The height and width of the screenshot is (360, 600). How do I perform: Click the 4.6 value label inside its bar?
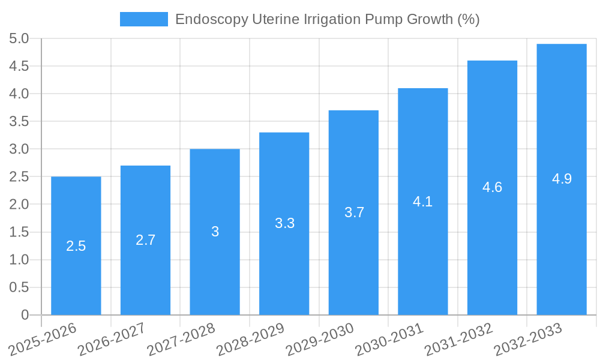pos(492,187)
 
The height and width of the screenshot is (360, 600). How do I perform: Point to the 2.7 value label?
pos(145,240)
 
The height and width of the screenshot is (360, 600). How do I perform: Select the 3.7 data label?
pos(354,212)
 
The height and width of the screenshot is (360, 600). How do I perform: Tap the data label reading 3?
pos(215,232)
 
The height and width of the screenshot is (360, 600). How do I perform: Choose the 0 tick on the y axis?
pos(25,315)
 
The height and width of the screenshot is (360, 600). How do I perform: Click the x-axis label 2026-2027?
pos(112,339)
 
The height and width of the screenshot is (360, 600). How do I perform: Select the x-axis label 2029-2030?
pos(320,339)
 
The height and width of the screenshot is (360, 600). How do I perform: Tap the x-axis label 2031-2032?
pos(458,339)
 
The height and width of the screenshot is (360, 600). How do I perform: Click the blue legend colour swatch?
pos(144,19)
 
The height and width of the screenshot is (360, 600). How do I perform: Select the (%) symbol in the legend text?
pos(468,19)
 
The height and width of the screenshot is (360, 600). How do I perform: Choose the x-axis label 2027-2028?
pos(181,339)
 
